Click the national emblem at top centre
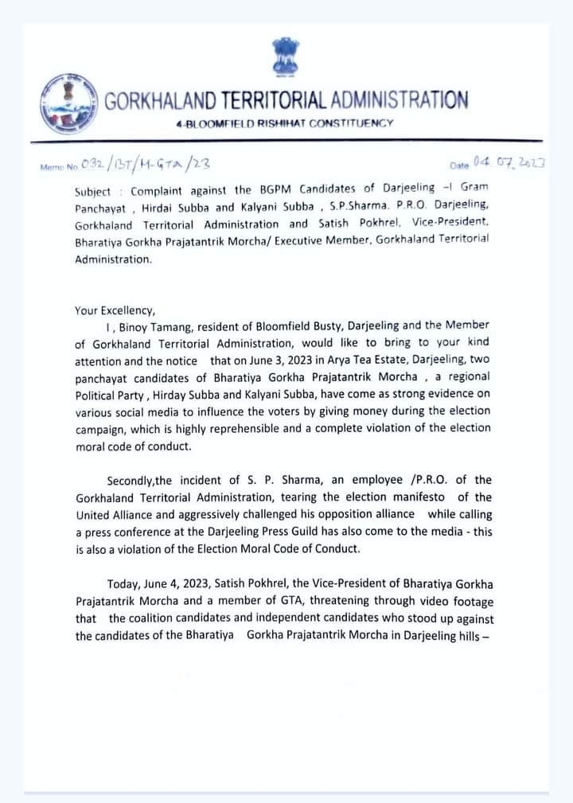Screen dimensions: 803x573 pyautogui.click(x=284, y=57)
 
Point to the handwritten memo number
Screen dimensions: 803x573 pyautogui.click(x=143, y=165)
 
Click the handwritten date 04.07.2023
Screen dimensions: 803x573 pyautogui.click(x=507, y=162)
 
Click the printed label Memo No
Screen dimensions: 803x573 pyautogui.click(x=58, y=167)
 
